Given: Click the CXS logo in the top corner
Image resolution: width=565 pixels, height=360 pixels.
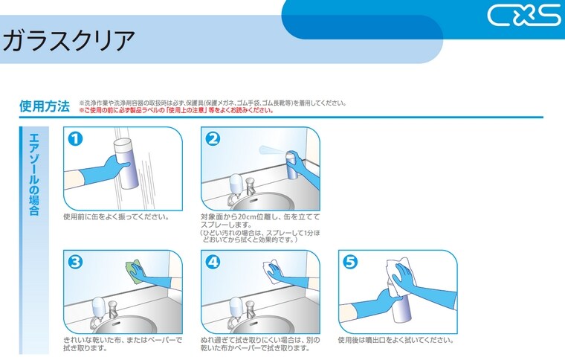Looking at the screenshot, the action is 524,15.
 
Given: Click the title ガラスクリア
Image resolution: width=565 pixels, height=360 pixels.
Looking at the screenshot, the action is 68,40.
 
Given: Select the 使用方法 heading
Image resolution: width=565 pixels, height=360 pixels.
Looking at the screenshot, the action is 45,106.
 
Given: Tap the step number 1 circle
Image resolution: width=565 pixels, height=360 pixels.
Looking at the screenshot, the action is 75,139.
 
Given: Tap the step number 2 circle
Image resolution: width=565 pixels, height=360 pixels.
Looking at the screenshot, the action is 213,139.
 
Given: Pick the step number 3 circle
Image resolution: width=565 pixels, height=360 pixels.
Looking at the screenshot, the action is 75,262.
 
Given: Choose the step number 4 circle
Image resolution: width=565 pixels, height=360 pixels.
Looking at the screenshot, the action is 213,262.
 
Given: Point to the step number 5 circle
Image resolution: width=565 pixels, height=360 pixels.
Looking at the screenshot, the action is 350,262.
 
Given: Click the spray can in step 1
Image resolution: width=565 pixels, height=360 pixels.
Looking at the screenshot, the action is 126,163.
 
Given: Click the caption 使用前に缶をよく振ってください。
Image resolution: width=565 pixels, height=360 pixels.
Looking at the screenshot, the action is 116,217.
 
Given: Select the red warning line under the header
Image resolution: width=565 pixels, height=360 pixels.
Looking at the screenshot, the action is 176,110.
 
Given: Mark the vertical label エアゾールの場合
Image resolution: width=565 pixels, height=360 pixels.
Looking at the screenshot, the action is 33,174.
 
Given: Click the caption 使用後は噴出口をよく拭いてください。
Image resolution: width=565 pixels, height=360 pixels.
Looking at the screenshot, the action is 395,340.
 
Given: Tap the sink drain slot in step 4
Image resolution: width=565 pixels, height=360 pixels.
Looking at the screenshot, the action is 252,324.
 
